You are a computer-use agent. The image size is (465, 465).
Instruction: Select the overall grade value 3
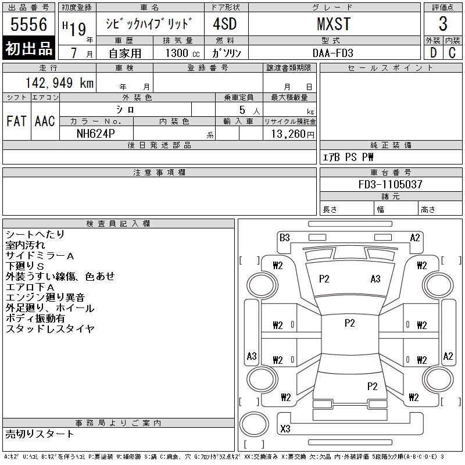coord(443,24)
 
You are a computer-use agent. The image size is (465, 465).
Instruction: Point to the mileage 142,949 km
coord(59,83)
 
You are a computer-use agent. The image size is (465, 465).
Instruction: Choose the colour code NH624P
coord(96,133)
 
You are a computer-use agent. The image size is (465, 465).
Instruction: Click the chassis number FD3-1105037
coord(390,184)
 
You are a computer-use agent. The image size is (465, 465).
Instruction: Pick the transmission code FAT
coord(16,121)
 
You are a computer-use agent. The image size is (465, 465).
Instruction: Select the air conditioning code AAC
coord(45,121)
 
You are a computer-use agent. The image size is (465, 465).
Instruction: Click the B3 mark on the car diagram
coord(284,237)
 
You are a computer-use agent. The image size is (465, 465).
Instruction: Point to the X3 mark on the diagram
coord(285,429)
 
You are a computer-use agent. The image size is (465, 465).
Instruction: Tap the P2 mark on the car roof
coord(349,323)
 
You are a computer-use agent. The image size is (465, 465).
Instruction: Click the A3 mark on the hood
coord(375,279)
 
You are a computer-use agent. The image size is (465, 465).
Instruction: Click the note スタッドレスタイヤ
coord(50,329)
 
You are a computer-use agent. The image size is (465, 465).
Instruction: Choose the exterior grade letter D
coord(433,52)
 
